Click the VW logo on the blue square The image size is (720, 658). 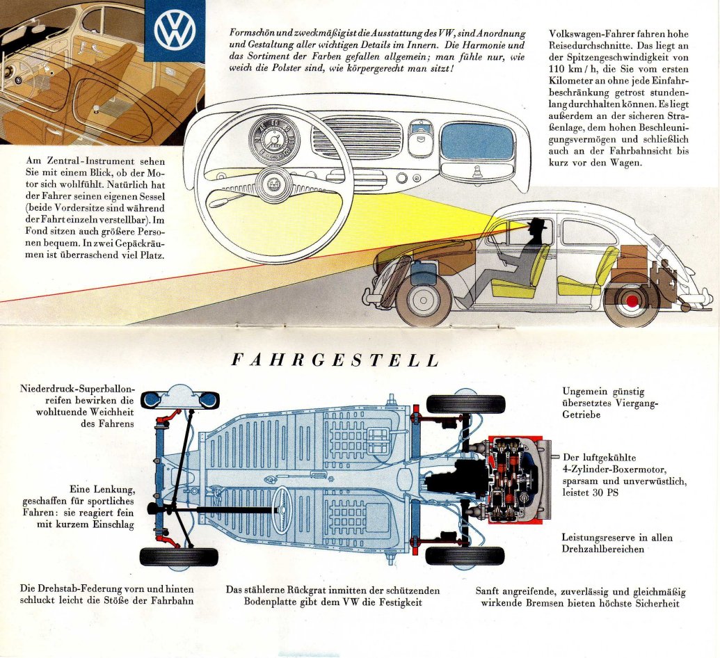click(175, 31)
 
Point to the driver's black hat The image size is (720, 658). click(537, 225)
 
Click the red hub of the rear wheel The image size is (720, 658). click(632, 300)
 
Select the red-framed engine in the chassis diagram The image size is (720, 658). click(515, 481)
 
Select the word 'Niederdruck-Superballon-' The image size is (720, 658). click(77, 388)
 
